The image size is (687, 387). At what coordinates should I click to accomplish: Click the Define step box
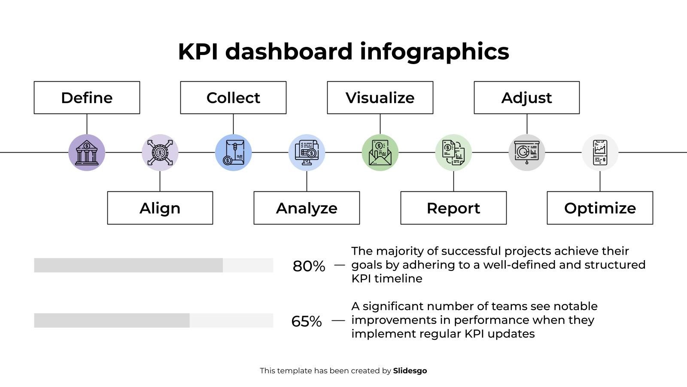coord(87,98)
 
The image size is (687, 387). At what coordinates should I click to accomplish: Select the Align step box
coord(160,208)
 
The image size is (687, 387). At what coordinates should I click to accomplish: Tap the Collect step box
coord(233,98)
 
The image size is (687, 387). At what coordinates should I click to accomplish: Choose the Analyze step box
coord(307,208)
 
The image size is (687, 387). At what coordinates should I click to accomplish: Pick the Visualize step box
coord(380,98)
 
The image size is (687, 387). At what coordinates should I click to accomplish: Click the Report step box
coord(453,208)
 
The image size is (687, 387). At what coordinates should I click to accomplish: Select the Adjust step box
coord(526,98)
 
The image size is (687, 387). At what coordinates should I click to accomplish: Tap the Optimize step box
coord(600,208)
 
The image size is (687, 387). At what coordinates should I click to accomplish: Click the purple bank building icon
coord(87,153)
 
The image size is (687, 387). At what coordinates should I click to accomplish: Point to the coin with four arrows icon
coord(160,153)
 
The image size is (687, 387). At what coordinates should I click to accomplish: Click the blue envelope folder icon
coord(233,153)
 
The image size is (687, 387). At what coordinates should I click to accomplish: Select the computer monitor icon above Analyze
coord(307,153)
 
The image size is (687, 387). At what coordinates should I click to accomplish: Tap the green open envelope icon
coord(380,153)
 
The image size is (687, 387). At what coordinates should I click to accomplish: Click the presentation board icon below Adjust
coord(526,153)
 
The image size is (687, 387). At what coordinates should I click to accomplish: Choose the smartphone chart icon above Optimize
coord(600,153)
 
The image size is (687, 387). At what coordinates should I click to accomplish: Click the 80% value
coord(309,266)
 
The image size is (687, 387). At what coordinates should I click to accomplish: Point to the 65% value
coord(307,321)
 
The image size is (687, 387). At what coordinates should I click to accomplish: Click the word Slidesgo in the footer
coord(410,371)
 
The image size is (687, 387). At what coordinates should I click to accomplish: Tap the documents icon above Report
coord(453,153)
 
